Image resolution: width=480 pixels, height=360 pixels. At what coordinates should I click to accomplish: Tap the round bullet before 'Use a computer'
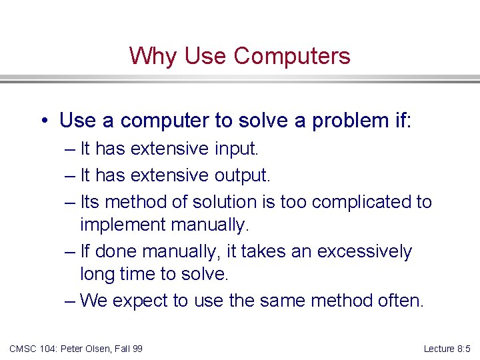tap(43, 121)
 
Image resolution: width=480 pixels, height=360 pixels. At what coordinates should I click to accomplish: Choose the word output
tap(242, 175)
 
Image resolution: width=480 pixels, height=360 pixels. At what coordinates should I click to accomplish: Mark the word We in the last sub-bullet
tap(93, 301)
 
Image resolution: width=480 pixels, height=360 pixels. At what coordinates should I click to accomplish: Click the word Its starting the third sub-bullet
tap(90, 201)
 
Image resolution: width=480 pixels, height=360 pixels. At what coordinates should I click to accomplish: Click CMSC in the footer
tap(23, 348)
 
